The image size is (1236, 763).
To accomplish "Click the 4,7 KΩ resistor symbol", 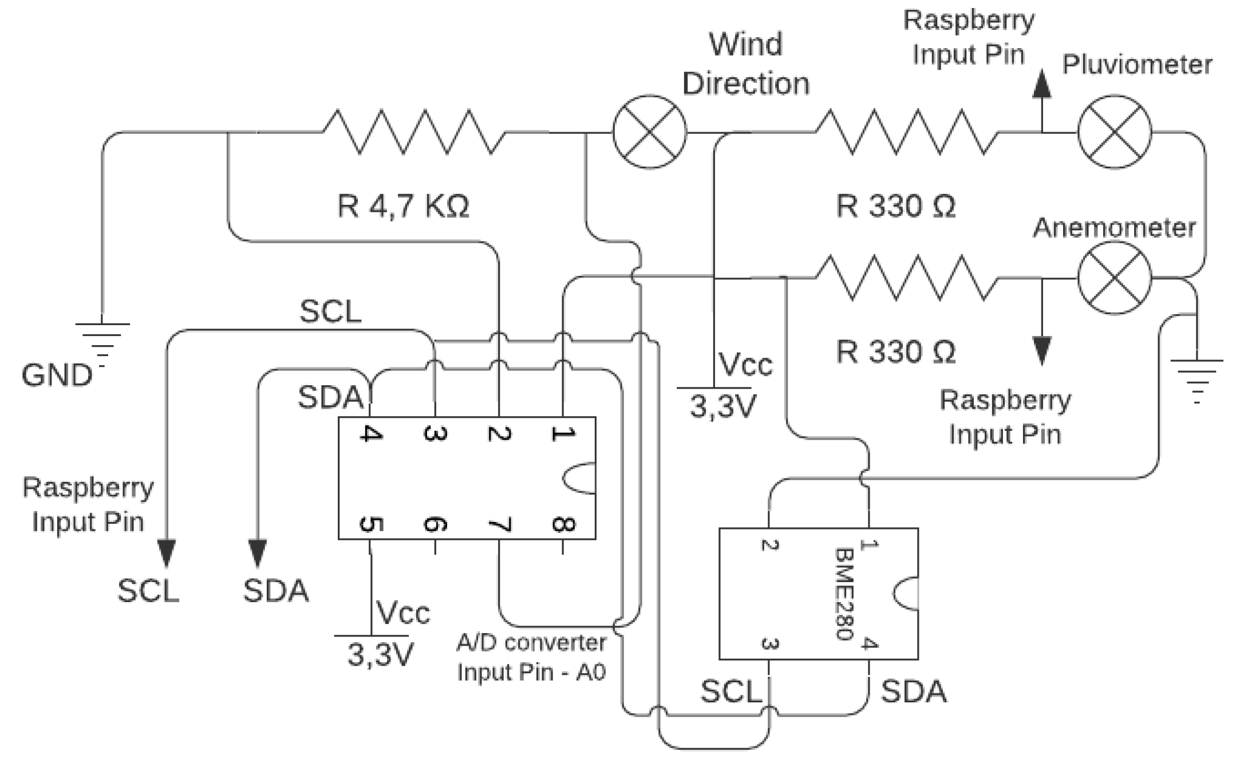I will coord(414,132).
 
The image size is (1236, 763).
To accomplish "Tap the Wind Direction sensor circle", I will coord(649,132).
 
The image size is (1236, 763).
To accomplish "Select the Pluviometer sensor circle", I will coord(1114,132).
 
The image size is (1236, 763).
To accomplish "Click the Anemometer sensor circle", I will coord(1114,278).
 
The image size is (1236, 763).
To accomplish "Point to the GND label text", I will coord(57,375).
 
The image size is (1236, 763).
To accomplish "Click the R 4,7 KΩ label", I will coord(403,206).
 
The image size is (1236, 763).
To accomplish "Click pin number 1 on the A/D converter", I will coord(562,433).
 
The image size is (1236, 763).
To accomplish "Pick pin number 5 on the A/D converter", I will coord(370,524).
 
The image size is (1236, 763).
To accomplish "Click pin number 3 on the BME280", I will coord(769,644).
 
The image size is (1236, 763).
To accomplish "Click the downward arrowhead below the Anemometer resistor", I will coord(1041,350).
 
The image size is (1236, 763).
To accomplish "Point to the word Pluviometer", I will coord(1137,64).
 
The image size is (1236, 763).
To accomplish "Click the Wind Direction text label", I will coord(745,64).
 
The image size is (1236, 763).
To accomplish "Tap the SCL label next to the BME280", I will coord(730,691).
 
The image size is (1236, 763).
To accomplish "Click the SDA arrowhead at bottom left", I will coord(258,553).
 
